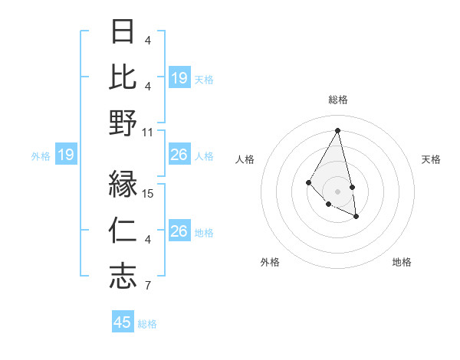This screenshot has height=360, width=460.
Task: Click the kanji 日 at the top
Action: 123,33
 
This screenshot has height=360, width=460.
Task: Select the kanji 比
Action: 123,77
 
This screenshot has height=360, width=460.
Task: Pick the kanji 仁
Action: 123,230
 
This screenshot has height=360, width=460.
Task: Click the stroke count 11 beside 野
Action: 149,132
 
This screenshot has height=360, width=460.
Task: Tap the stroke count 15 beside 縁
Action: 149,193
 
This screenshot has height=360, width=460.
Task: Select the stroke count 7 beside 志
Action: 149,286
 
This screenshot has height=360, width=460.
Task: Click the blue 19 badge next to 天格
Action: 179,78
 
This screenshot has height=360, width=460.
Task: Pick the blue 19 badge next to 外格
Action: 65,155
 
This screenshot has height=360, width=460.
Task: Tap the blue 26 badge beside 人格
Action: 179,155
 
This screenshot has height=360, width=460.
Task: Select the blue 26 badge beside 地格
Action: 179,231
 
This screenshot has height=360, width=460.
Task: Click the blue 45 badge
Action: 123,322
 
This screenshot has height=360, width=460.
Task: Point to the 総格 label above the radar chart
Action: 338,100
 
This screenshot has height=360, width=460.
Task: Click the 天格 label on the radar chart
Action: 431,159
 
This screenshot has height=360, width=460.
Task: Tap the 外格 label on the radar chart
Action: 270,262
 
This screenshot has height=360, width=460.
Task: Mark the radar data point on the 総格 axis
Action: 338,129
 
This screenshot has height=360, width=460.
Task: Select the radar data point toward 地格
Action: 356,217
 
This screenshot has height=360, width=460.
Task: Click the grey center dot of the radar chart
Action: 338,191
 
